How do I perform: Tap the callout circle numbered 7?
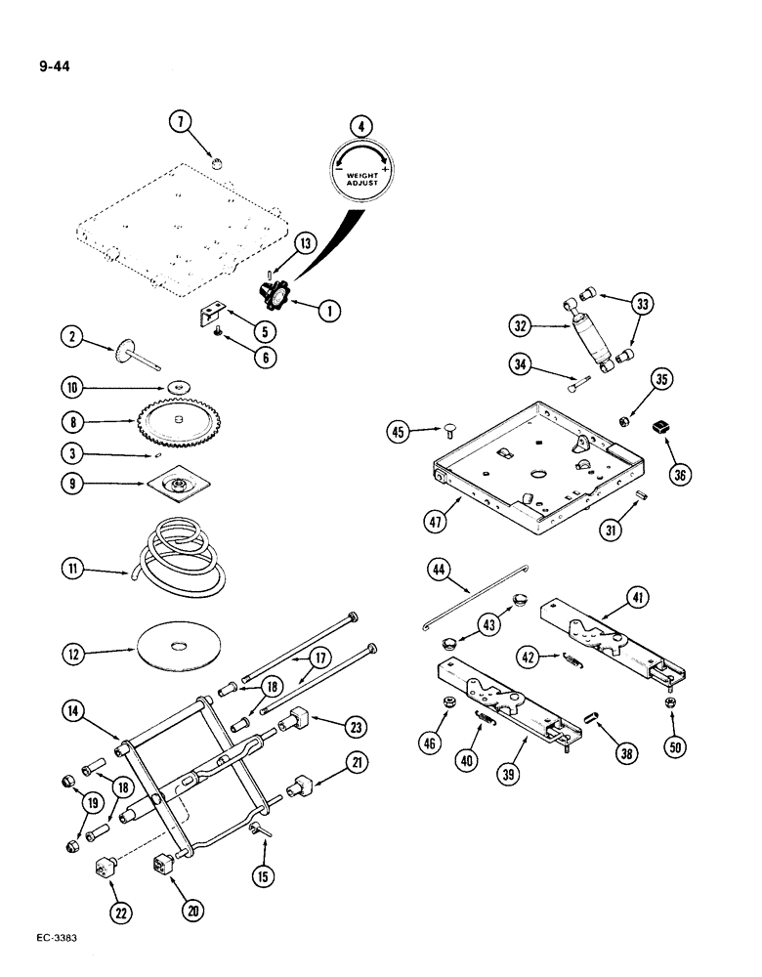182,122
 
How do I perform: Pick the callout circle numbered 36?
681,475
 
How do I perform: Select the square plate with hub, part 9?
179,486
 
